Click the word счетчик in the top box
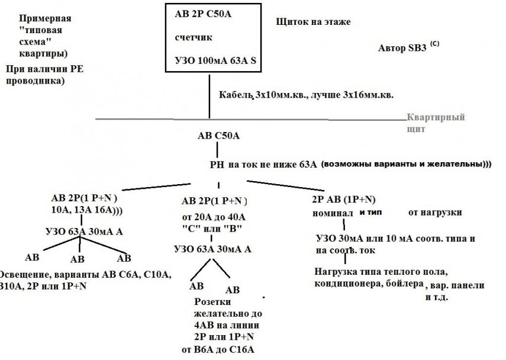(x=194, y=37)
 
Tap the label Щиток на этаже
(x=313, y=22)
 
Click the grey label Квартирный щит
(x=436, y=123)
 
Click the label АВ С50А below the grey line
(x=218, y=136)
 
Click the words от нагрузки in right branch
(x=435, y=211)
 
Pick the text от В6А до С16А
(x=221, y=349)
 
